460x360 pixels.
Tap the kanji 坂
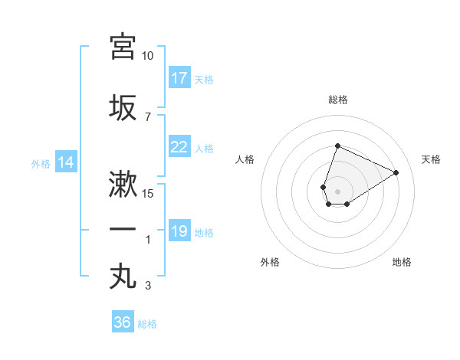(123, 106)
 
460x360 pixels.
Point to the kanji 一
(123, 230)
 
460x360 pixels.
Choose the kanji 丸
(123, 276)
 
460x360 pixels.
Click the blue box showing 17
(179, 78)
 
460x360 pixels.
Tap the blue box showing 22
(179, 147)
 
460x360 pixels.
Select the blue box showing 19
(179, 231)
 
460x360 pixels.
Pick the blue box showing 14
(66, 162)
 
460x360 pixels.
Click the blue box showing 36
(123, 322)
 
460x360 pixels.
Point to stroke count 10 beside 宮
(148, 56)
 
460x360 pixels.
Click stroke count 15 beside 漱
(148, 194)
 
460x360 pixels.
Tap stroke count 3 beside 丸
(148, 286)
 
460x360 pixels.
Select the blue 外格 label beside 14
(41, 163)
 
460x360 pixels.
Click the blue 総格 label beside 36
(147, 324)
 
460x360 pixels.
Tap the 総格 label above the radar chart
(337, 100)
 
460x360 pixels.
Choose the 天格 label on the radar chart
(431, 159)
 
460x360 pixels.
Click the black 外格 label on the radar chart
(270, 262)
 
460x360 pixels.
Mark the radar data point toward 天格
(396, 172)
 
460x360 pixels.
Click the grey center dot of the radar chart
(337, 190)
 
